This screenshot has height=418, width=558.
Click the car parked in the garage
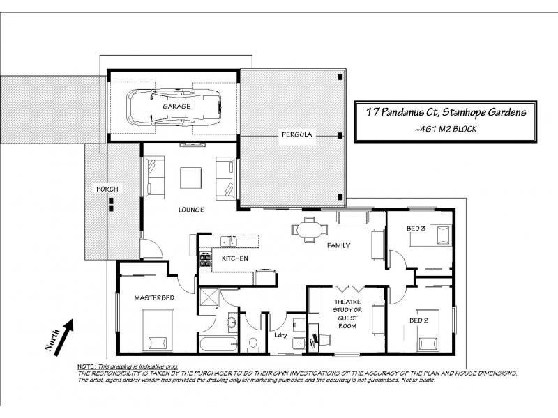click(x=172, y=107)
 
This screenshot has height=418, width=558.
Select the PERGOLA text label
click(x=294, y=134)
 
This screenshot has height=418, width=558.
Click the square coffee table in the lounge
click(x=190, y=179)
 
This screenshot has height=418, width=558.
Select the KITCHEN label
click(x=235, y=258)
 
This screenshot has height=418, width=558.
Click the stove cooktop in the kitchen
click(x=206, y=261)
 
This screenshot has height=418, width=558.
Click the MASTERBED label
click(x=154, y=298)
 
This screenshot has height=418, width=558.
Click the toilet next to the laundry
click(x=252, y=343)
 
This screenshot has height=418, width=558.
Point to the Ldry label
click(x=280, y=336)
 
